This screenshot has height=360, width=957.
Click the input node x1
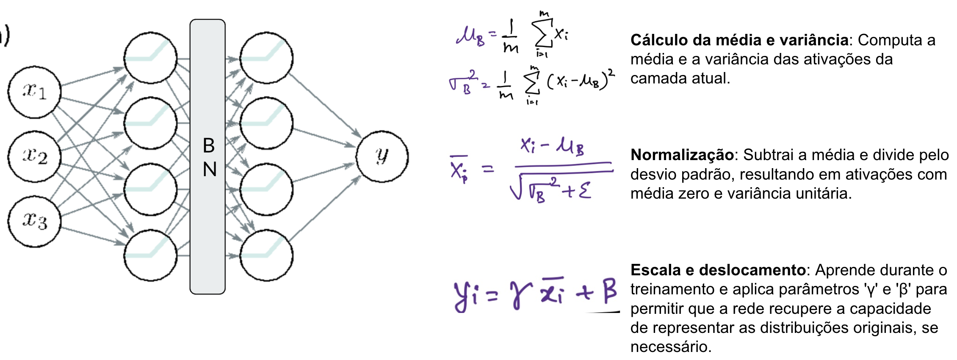pos(34,91)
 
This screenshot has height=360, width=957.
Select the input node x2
pos(34,156)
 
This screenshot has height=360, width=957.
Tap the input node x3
pos(34,221)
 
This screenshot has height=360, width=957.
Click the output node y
pos(382,156)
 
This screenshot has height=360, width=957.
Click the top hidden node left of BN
pos(150,58)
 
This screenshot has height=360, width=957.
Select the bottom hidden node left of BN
pos(150,255)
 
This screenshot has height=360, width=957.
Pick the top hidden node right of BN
pos(266,58)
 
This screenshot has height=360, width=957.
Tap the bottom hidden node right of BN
pos(266,255)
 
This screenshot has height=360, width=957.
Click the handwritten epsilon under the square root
pos(585,190)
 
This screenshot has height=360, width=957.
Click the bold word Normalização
pos(682,155)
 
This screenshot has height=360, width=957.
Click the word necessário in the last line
pos(670,347)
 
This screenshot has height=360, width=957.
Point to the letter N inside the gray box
pos(209,169)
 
